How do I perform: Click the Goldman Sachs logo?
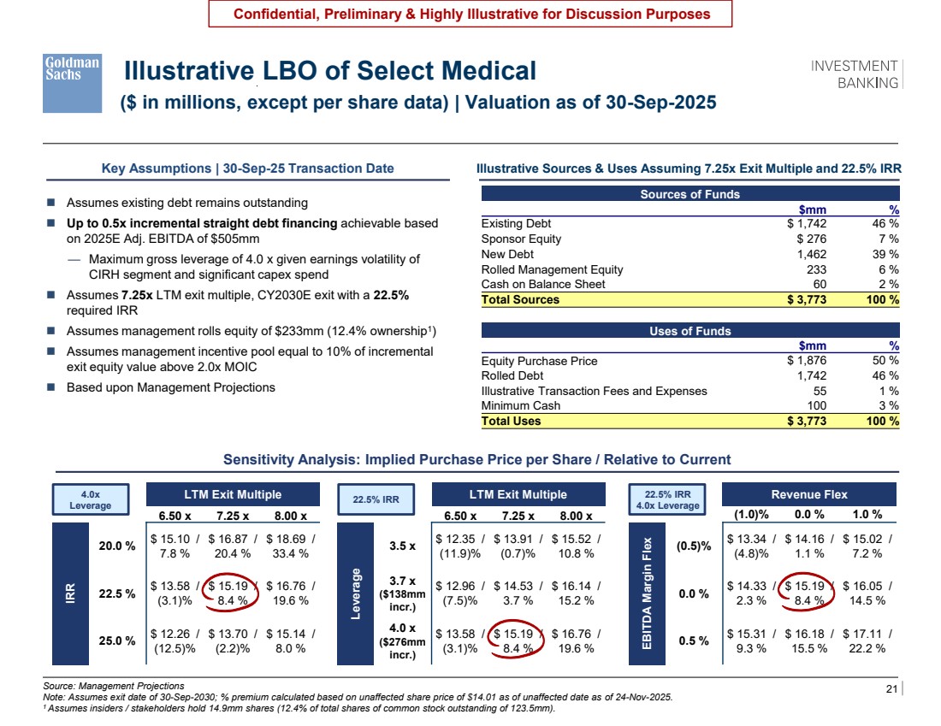pos(72,84)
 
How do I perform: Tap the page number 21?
pos(891,688)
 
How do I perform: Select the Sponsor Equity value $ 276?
pos(811,239)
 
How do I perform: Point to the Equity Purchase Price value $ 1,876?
pos(807,361)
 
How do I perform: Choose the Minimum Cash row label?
pos(520,405)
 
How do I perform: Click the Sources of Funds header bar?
pos(690,194)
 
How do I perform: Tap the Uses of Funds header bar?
pos(690,331)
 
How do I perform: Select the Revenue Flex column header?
pos(809,494)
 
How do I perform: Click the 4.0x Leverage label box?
pos(91,499)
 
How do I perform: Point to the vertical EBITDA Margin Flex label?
pos(647,593)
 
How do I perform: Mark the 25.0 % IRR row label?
pos(117,640)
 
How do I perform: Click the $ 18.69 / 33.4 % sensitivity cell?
pos(291,546)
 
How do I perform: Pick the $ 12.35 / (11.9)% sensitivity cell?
pos(459,546)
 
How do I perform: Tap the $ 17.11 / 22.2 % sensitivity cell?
pos(867,640)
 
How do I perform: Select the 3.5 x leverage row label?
pos(402,546)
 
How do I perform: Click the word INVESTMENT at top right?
pos(854,66)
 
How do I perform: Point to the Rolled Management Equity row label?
pos(552,269)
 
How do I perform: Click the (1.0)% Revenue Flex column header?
pos(751,515)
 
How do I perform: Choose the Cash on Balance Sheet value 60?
pos(820,285)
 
